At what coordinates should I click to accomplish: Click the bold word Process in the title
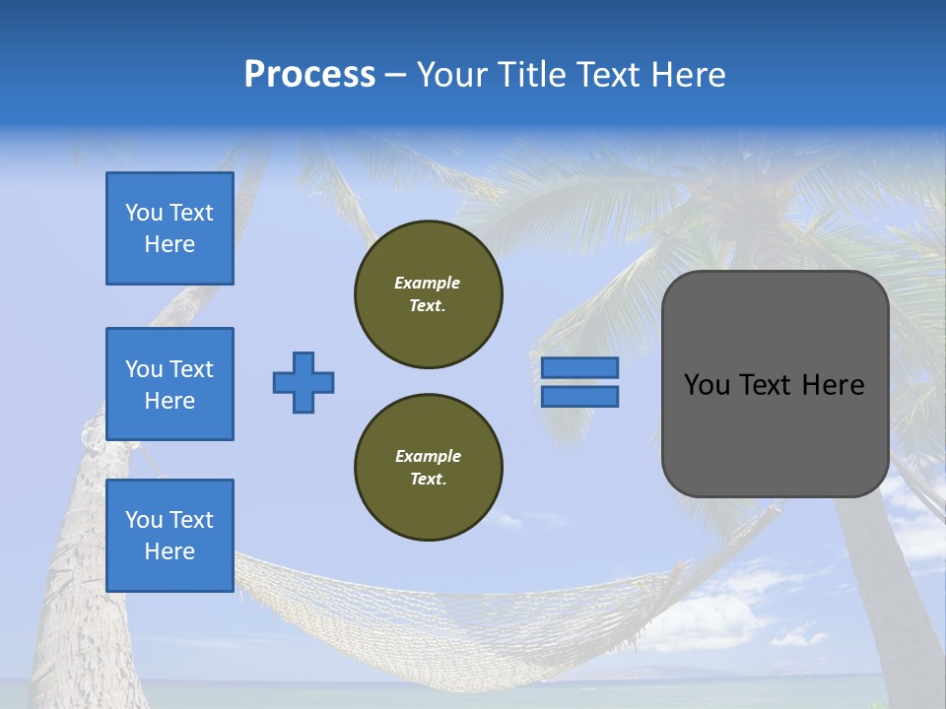(309, 75)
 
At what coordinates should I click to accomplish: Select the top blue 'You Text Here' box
(169, 228)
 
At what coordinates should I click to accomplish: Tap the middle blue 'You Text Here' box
(169, 384)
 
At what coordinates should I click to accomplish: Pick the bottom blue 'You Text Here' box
(169, 536)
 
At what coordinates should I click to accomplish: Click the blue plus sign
(304, 382)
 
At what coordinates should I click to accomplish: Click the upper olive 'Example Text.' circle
(429, 293)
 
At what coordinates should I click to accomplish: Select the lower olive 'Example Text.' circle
(429, 467)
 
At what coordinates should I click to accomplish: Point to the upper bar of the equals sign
(580, 367)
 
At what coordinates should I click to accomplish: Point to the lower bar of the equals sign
(580, 396)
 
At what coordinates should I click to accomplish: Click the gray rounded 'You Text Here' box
(775, 384)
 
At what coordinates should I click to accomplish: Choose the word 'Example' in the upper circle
(428, 283)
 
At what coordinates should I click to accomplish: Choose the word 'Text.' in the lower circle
(428, 479)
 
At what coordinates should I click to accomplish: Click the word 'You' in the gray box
(706, 385)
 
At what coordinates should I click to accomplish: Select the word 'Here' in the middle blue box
(169, 401)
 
